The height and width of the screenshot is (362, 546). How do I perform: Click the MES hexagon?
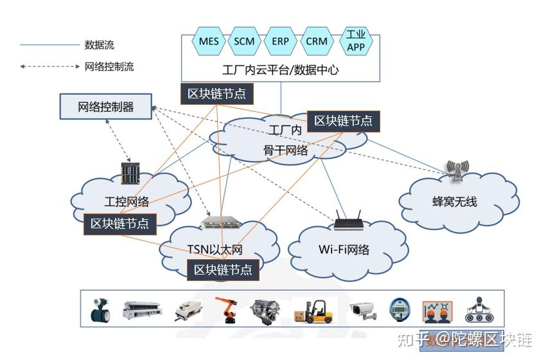click(x=209, y=42)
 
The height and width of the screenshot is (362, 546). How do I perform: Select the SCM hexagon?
click(x=244, y=42)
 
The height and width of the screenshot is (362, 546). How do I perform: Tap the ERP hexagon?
click(x=280, y=42)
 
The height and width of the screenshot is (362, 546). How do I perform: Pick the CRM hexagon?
click(x=317, y=42)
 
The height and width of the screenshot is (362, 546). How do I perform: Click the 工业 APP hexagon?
click(x=355, y=41)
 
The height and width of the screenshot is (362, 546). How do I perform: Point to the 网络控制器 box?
click(x=106, y=107)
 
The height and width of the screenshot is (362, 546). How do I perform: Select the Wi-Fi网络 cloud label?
click(x=344, y=249)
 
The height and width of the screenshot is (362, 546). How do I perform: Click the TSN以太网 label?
click(x=215, y=249)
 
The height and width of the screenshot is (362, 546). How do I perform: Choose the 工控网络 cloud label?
click(x=127, y=202)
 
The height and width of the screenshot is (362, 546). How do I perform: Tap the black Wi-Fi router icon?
click(x=348, y=221)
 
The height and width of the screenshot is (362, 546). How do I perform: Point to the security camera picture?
click(x=364, y=310)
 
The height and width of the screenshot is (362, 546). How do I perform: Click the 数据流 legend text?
click(x=100, y=46)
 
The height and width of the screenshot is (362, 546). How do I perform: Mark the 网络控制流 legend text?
click(x=109, y=66)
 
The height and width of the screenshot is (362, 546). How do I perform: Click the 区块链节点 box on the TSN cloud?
click(x=223, y=269)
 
